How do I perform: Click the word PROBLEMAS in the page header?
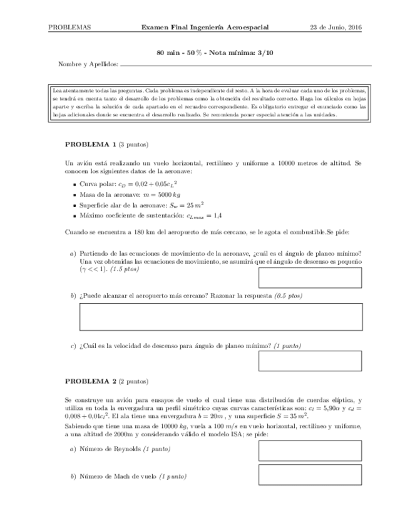pos(69,27)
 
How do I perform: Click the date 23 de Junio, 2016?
pos(337,27)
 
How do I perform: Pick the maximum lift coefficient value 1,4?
pos(217,216)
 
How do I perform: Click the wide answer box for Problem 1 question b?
pos(222,316)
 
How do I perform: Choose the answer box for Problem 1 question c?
pos(310,361)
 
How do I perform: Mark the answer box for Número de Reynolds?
pos(310,451)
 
